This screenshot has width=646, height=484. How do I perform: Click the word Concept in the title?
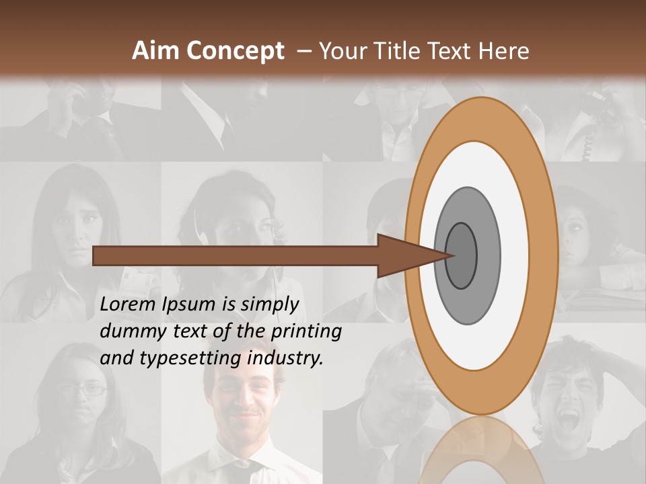235,51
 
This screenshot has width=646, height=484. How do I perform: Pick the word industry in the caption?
285,358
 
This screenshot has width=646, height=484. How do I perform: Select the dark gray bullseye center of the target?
462,255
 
